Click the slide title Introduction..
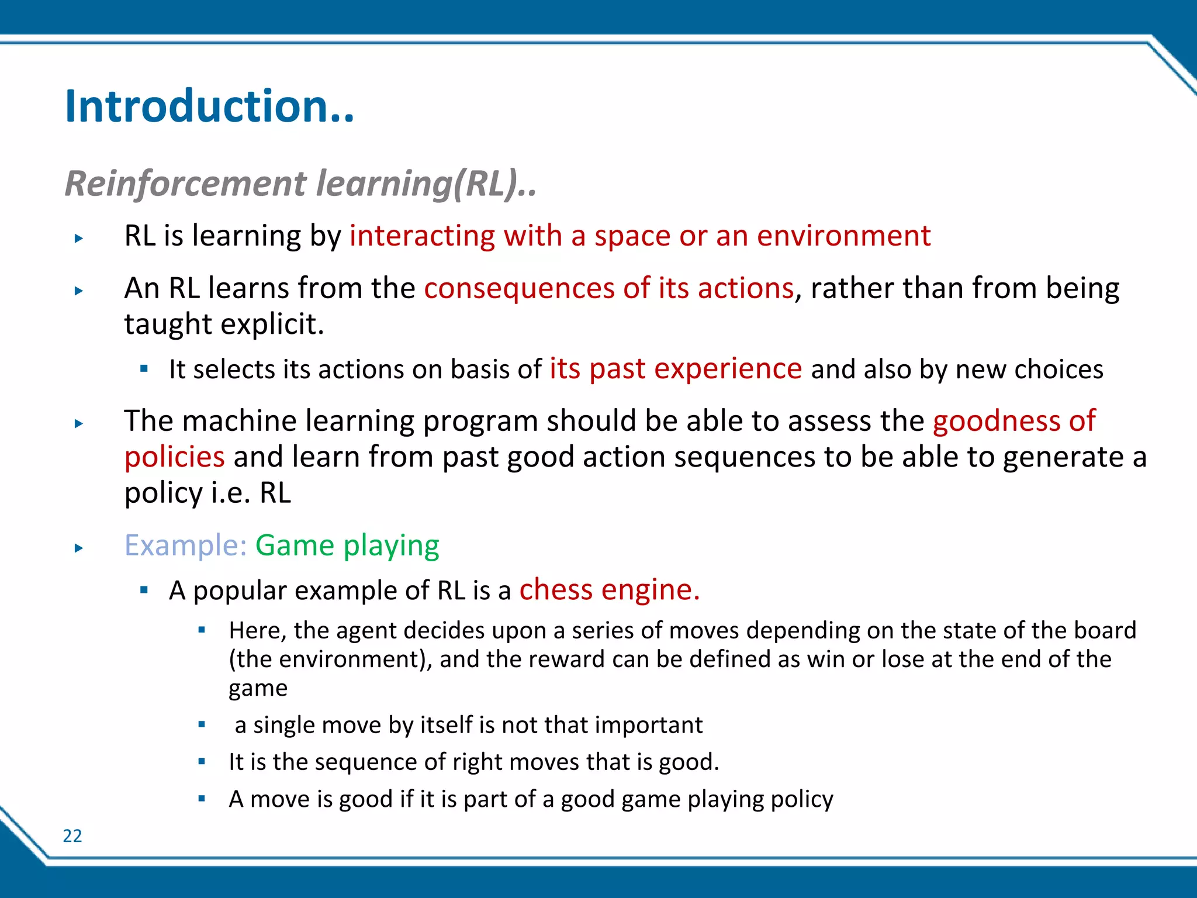209,106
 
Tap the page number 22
72,836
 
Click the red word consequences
519,289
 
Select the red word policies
174,457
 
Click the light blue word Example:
186,545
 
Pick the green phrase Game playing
347,545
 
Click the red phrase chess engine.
609,590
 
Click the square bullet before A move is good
202,799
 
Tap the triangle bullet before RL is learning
79,239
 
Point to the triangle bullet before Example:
79,548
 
